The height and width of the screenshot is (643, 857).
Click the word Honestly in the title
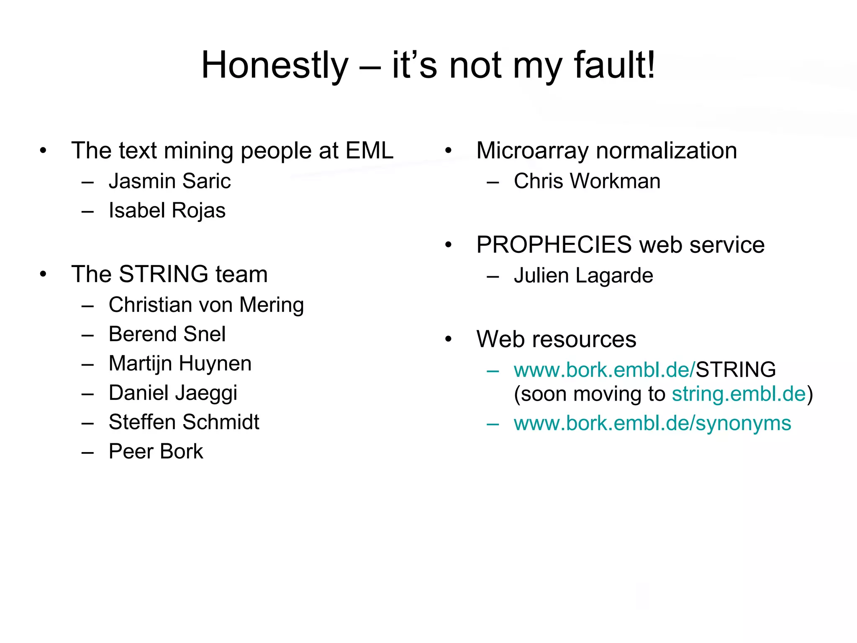275,65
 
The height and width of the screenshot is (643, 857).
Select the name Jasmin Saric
169,181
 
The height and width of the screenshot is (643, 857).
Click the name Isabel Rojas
167,211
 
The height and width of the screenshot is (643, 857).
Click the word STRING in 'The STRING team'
163,274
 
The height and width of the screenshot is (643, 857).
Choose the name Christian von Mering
206,305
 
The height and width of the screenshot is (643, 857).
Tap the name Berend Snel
167,334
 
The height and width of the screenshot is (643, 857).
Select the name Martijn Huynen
180,363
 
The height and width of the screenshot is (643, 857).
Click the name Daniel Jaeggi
173,393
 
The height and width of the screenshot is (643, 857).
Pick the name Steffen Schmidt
184,422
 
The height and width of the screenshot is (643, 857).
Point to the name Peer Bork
156,451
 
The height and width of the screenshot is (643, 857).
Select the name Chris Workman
587,181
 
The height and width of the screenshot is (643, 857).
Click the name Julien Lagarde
583,275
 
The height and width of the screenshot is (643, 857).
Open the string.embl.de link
739,394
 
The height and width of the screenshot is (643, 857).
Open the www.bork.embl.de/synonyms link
652,423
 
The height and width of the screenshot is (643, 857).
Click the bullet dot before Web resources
449,340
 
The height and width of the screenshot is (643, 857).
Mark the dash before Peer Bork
87,453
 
